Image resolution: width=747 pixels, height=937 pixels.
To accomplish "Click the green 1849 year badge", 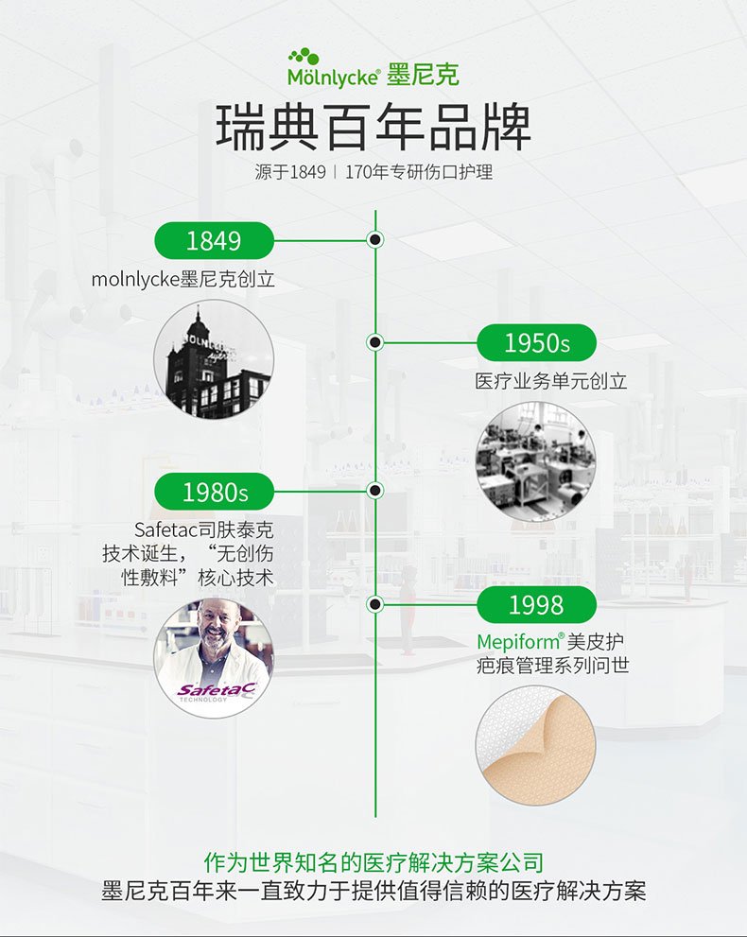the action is tap(214, 241).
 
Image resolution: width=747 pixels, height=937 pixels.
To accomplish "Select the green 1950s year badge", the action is tap(537, 343).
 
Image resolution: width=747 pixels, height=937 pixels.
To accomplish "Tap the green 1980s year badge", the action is tap(214, 492).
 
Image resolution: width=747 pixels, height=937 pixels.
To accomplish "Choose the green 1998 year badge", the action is tap(537, 605).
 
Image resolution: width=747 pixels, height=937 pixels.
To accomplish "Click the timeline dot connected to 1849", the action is tap(375, 239).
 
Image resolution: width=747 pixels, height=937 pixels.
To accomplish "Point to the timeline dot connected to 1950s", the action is tap(375, 342).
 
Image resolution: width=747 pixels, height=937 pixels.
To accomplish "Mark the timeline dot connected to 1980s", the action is tap(375, 491).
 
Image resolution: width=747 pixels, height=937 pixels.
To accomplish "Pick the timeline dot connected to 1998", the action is tap(375, 604).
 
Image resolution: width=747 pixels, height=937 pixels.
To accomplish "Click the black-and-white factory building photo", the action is tap(214, 359).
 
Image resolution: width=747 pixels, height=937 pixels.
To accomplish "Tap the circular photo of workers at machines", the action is tap(536, 461).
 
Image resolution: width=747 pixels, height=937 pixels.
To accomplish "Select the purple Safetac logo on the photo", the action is tap(217, 691).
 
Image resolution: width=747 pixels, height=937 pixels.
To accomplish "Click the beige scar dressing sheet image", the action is tap(536, 744).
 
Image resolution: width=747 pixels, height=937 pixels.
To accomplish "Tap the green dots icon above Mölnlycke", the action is tap(304, 57).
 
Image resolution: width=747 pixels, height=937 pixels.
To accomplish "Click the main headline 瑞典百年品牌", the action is tap(373, 127).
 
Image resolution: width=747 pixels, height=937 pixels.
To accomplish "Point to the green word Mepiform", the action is tap(517, 642).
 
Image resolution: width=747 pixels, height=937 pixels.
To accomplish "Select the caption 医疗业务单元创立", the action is tap(551, 381).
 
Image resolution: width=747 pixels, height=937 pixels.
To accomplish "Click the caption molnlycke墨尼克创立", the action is tap(182, 279).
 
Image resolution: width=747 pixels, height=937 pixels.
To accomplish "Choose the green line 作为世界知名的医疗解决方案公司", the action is tap(373, 862).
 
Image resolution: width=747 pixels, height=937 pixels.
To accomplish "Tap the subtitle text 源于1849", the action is tap(290, 172).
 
